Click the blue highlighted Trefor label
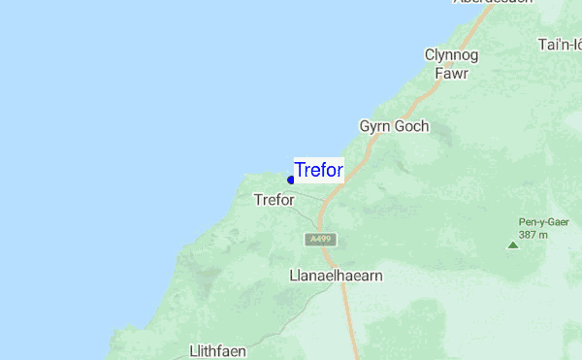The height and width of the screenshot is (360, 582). click(318, 171)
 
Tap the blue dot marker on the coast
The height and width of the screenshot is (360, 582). click(291, 180)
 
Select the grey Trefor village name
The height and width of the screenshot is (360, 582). click(274, 200)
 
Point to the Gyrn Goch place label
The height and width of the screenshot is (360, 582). click(394, 126)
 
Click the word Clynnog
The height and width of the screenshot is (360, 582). click(451, 55)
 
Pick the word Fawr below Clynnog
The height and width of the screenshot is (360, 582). click(451, 73)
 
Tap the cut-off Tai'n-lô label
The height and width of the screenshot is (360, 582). click(560, 45)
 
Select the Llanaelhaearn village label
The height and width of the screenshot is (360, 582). click(336, 276)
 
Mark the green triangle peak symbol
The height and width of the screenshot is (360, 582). click(513, 245)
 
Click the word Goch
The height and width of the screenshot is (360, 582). click(411, 126)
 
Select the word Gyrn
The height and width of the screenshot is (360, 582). click(375, 126)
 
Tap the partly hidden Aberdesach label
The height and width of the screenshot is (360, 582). click(493, 2)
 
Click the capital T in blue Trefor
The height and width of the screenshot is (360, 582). click(300, 171)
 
